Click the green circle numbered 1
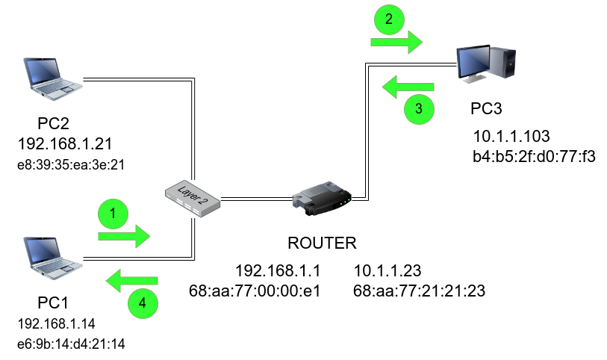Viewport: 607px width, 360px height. (x=113, y=214)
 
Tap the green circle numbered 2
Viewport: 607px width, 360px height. (x=387, y=20)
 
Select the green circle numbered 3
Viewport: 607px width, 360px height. (x=418, y=109)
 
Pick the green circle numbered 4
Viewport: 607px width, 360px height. (x=143, y=304)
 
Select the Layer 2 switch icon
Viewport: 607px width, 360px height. (x=193, y=199)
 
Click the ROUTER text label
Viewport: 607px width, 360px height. (x=323, y=243)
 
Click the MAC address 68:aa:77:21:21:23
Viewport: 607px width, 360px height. (x=418, y=291)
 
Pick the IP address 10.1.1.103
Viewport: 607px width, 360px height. (x=511, y=137)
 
